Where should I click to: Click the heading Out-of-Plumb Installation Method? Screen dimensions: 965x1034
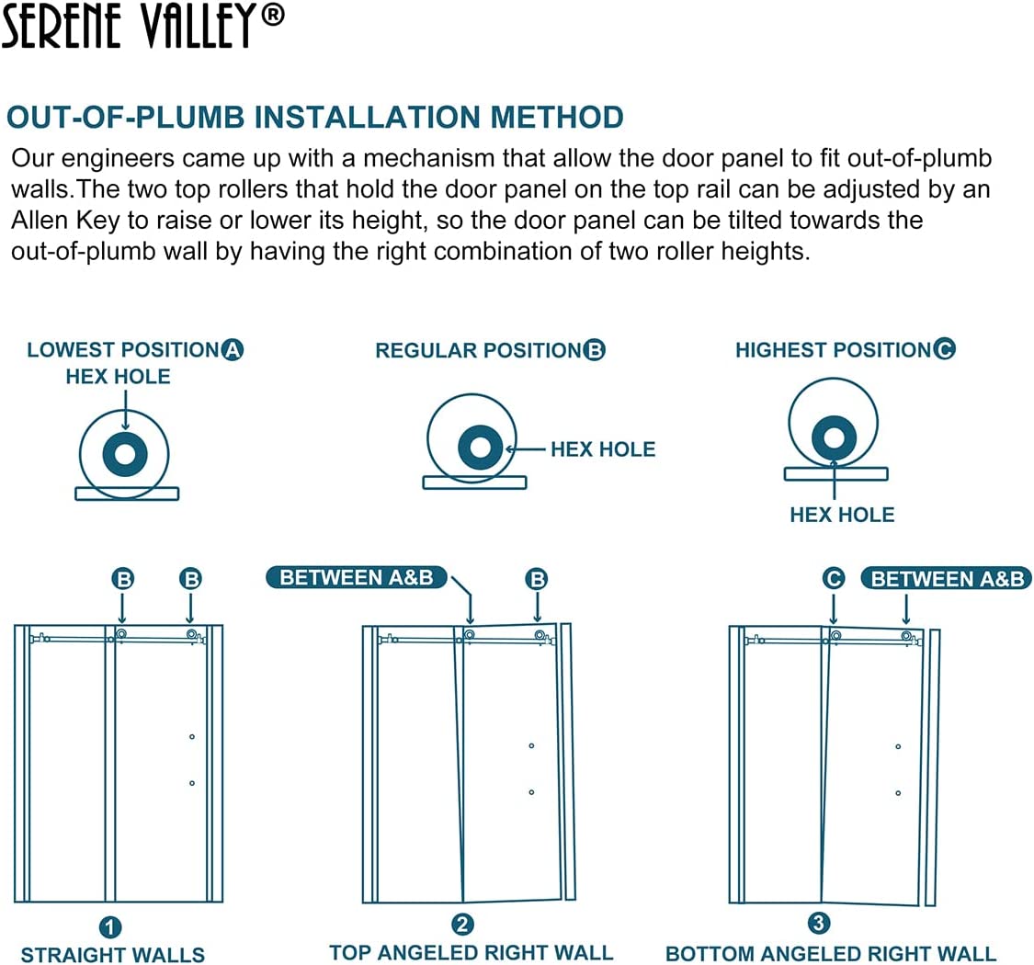point(315,118)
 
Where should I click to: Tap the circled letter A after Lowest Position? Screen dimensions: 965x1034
point(233,350)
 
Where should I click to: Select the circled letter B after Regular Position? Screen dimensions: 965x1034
point(595,350)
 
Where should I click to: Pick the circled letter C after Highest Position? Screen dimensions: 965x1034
point(944,349)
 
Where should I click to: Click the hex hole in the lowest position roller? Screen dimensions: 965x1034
point(125,453)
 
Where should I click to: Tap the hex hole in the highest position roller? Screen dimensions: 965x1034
point(834,436)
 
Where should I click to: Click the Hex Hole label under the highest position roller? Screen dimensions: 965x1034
point(841,515)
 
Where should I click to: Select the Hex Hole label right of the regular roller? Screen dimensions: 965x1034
point(603,449)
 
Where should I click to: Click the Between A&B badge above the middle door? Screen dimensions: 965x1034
point(357,577)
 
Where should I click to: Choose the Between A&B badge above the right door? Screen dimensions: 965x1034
point(947,579)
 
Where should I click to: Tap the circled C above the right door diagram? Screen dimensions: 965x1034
point(833,579)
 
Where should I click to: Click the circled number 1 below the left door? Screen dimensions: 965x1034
point(110,926)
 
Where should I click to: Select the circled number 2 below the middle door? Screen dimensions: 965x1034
point(462,924)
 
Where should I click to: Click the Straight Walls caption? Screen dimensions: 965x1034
point(112,955)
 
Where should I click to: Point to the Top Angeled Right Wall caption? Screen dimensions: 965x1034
point(471,952)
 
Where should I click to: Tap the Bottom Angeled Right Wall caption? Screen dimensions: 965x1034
point(830,954)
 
